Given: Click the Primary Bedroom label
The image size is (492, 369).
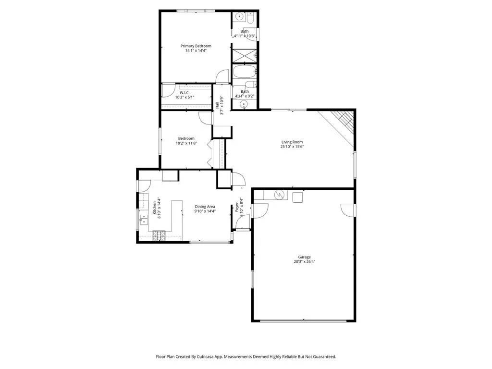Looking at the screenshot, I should coord(196,46).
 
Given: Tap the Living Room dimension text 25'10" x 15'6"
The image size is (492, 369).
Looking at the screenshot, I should coord(292,147).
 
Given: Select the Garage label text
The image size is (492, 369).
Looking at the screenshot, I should coord(304,257).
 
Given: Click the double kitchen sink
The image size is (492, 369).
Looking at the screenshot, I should coord(143,219).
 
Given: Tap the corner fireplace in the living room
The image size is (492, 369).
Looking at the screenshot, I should coord(343,121).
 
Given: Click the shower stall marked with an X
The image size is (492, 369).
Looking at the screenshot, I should coord(244,55).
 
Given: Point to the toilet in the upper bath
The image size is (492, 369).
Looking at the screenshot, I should coord(251,19).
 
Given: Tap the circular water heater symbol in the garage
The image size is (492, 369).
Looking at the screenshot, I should coord(279,195).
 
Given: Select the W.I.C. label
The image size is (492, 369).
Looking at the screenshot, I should coord(185,93).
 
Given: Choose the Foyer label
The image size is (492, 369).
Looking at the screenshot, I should coord(237,207).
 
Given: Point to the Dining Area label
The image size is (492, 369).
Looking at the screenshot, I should coord(205,206).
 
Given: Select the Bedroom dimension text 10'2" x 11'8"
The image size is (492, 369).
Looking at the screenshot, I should coord(186,143).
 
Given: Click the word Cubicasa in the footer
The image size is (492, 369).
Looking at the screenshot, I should coord(208,357).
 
